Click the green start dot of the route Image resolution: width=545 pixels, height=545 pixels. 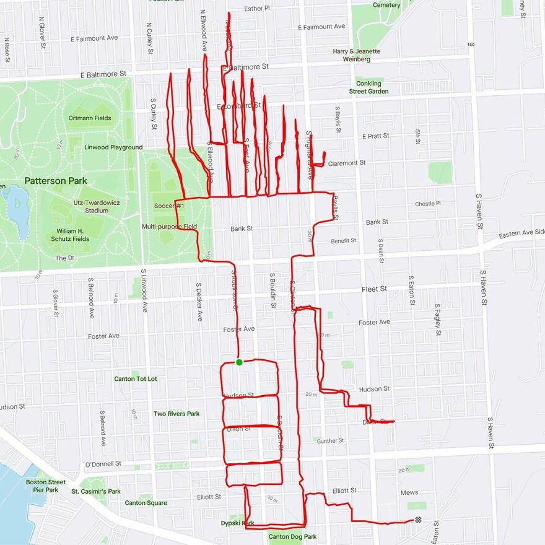click(239, 362)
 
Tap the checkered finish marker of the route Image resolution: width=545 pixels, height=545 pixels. click(418, 520)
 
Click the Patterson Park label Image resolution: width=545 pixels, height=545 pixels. click(56, 181)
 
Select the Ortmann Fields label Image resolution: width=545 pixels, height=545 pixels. click(90, 118)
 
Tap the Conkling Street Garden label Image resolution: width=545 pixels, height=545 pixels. click(368, 87)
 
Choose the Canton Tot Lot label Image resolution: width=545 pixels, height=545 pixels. click(136, 378)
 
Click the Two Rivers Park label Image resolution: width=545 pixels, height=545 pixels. click(177, 414)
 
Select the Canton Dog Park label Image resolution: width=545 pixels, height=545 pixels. click(292, 537)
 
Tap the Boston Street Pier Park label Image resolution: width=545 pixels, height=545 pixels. click(46, 486)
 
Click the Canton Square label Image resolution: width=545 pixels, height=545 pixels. click(146, 503)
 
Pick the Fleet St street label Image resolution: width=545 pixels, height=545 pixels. click(374, 289)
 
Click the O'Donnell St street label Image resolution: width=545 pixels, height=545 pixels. click(102, 464)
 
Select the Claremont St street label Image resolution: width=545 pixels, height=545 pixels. click(347, 163)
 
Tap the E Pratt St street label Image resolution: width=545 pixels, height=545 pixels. click(375, 136)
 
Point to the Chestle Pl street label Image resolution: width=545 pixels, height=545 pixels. click(428, 203)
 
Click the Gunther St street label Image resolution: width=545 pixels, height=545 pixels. click(330, 441)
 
